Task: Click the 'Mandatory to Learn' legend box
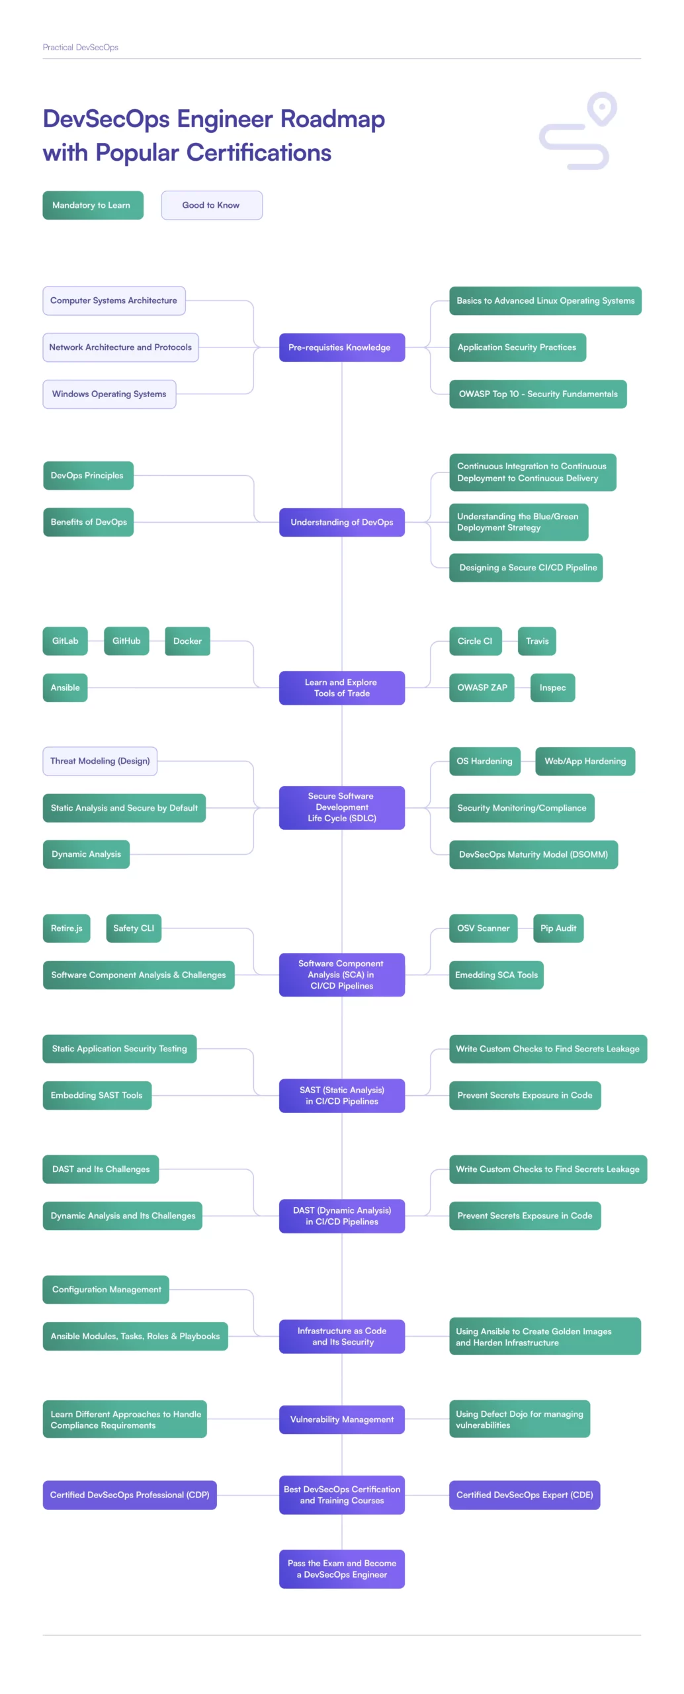point(93,205)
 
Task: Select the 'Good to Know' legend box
point(211,205)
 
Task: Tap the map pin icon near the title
point(601,108)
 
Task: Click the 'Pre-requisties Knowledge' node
point(341,347)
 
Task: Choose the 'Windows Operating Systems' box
point(109,394)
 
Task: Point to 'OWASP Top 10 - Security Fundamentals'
point(537,394)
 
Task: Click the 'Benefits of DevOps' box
point(88,522)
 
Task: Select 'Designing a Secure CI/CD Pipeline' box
point(525,568)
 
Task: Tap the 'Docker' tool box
point(187,641)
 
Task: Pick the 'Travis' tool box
point(536,641)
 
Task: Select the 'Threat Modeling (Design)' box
point(100,761)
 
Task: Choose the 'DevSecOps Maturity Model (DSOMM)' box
point(533,854)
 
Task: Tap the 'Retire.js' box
point(66,928)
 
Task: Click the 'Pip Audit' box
point(558,928)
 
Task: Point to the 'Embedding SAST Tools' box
point(97,1095)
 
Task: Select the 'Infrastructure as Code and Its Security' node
point(341,1336)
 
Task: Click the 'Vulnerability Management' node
point(341,1419)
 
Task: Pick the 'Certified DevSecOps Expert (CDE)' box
point(524,1495)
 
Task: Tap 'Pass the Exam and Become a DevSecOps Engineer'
point(341,1569)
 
